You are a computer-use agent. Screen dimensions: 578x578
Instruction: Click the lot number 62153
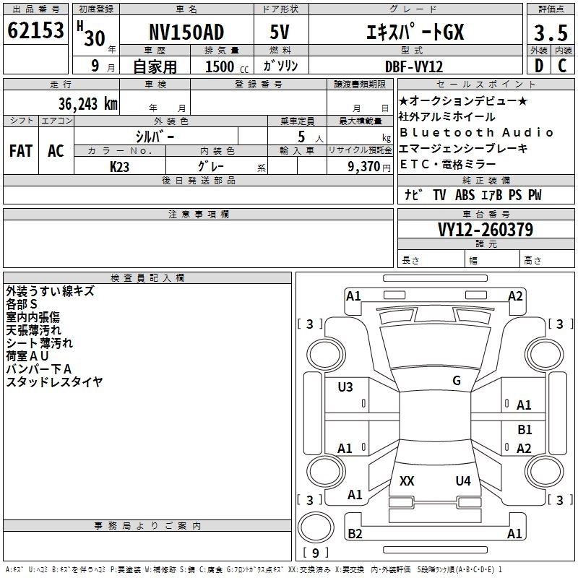tap(35, 31)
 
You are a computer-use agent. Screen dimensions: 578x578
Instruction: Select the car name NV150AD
tap(186, 33)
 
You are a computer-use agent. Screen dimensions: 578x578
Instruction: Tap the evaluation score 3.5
tap(550, 33)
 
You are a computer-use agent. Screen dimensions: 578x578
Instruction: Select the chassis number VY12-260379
tap(485, 230)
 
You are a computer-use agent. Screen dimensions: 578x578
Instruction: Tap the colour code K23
tap(119, 166)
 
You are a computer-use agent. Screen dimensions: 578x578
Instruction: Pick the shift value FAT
tap(20, 150)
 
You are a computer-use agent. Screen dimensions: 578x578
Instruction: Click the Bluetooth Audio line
tap(477, 132)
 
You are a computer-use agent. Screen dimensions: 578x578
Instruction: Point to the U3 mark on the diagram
tap(345, 387)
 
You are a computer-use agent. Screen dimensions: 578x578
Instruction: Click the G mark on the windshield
tap(457, 381)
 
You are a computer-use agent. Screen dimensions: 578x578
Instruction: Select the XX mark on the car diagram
tap(407, 481)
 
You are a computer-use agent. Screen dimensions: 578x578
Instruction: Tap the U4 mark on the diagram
tap(463, 481)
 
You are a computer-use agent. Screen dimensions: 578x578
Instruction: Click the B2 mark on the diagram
tap(354, 534)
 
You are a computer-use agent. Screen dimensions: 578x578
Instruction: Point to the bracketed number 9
tap(315, 553)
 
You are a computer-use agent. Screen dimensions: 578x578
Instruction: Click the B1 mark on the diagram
tap(525, 430)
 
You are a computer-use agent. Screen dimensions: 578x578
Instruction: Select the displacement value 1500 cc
tap(224, 66)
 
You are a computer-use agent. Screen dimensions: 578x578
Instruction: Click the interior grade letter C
tap(561, 66)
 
